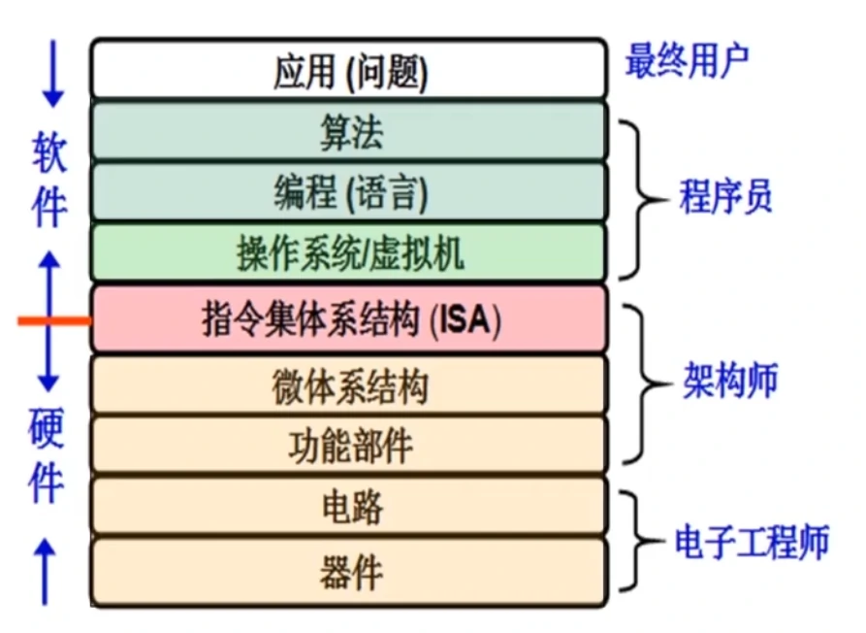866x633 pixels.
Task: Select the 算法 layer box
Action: click(349, 133)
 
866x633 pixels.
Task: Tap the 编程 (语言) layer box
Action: click(349, 193)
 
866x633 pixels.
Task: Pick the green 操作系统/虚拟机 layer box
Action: click(349, 253)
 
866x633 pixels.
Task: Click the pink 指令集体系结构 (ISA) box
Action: click(349, 319)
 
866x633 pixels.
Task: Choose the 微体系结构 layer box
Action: click(349, 386)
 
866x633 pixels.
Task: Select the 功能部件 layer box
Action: click(349, 446)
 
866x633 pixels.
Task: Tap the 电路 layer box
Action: click(349, 507)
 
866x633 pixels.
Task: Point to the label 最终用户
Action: click(687, 61)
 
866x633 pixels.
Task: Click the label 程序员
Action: click(724, 198)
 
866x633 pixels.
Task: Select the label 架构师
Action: click(728, 382)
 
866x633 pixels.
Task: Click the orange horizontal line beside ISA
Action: click(54, 319)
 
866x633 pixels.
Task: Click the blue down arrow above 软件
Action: click(52, 74)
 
